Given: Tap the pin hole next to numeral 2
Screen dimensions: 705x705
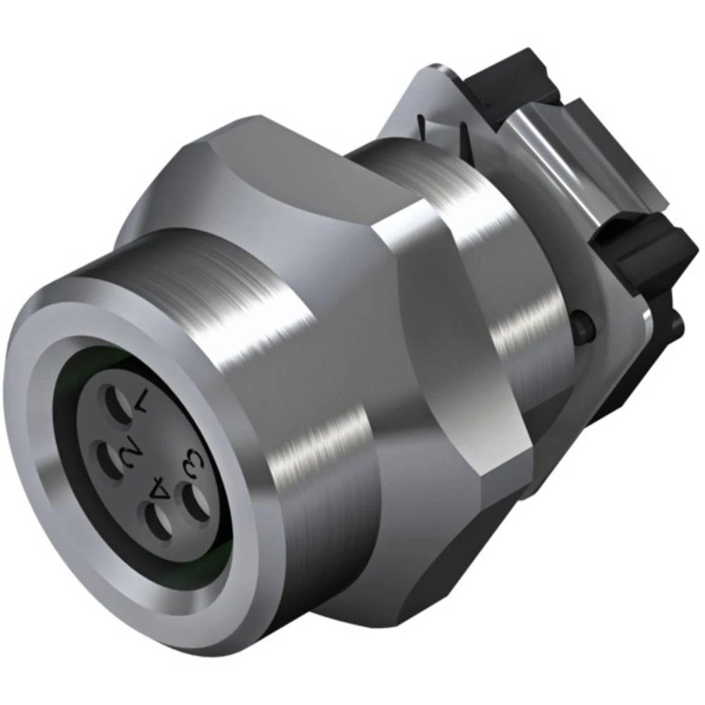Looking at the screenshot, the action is [109, 460].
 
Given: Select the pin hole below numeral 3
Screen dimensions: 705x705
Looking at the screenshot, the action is [195, 502].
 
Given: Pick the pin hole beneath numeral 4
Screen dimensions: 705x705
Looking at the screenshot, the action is [158, 522].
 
